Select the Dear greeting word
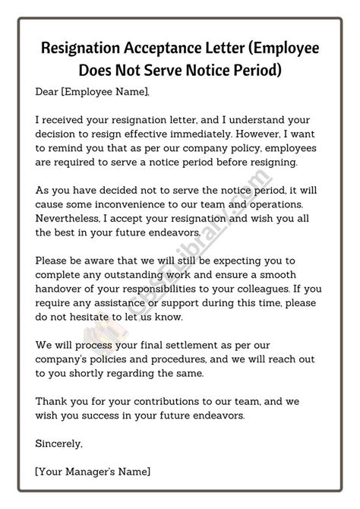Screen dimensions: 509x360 48,92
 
